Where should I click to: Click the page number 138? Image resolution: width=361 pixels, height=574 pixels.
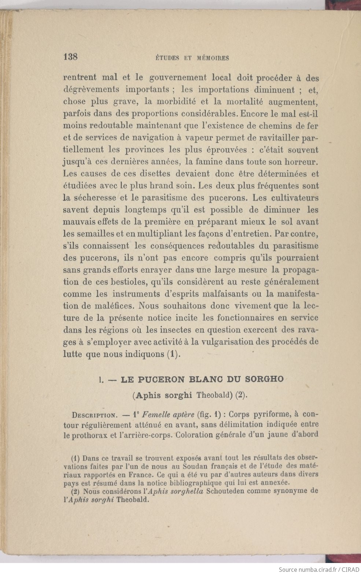(70, 57)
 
